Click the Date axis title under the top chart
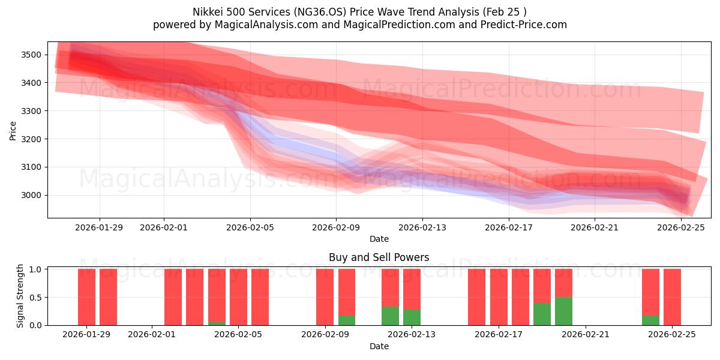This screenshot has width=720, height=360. pos(379,239)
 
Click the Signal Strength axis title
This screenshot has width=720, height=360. pos(20,296)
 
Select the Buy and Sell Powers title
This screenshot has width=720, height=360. pos(379,257)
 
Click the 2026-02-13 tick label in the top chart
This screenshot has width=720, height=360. pos(422,227)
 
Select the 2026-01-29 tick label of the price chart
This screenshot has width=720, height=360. pos(100,227)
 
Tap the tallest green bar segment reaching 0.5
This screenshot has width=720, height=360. pos(563,311)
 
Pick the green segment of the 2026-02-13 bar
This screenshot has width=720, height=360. pos(412,317)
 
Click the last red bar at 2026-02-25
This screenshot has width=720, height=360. pos(672,297)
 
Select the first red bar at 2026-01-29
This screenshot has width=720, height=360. pos(86,297)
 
